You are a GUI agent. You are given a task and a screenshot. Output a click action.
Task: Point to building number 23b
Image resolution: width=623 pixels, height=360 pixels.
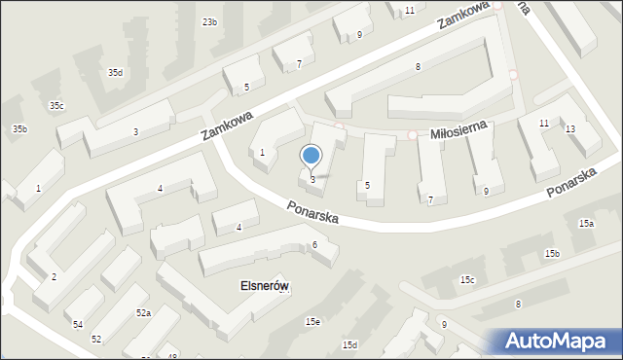pyautogui.click(x=209, y=21)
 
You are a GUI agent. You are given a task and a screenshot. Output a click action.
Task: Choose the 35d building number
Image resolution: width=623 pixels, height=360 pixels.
pyautogui.click(x=115, y=73)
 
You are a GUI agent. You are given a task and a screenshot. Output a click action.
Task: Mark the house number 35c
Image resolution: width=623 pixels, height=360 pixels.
pyautogui.click(x=56, y=106)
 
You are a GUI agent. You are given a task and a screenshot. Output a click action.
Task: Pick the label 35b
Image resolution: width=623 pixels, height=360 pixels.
pyautogui.click(x=19, y=129)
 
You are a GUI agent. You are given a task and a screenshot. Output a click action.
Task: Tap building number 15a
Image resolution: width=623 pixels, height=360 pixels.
pyautogui.click(x=586, y=224)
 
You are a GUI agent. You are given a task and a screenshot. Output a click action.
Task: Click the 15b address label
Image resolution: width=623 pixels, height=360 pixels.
pyautogui.click(x=552, y=254)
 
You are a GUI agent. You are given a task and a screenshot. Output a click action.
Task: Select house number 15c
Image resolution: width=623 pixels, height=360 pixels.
pyautogui.click(x=467, y=280)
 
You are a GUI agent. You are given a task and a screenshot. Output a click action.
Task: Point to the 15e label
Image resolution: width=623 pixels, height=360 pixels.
pyautogui.click(x=311, y=321)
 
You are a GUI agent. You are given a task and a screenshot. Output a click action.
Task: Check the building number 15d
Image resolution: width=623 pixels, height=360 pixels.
pyautogui.click(x=349, y=345)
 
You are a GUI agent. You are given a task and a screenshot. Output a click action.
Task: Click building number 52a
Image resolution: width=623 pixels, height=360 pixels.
pyautogui.click(x=143, y=313)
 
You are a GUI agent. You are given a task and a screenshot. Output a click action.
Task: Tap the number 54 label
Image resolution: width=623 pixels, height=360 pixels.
pyautogui.click(x=77, y=324)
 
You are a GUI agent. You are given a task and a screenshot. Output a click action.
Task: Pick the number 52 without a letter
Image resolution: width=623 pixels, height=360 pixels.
pyautogui.click(x=96, y=340)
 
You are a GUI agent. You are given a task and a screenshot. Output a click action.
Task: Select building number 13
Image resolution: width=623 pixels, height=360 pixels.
pyautogui.click(x=569, y=129)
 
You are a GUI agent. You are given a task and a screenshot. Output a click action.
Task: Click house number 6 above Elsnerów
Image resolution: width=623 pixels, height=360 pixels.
pyautogui.click(x=314, y=244)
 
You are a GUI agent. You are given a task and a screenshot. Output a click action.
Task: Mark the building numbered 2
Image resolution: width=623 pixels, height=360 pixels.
pyautogui.click(x=54, y=278)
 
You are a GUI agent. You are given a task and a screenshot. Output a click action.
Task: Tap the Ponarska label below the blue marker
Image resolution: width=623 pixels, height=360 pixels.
pyautogui.click(x=312, y=212)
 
